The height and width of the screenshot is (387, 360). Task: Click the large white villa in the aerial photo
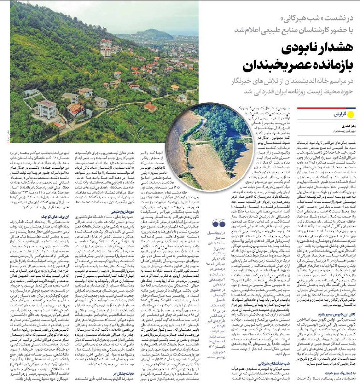(x=47, y=108)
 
